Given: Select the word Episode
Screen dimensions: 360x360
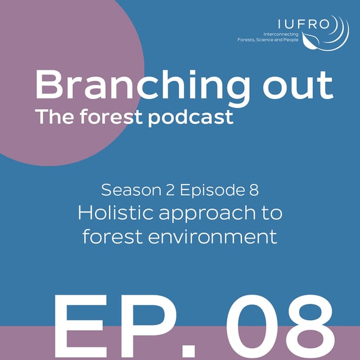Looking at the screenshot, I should (x=214, y=190).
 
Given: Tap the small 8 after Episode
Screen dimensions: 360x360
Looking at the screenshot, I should (x=254, y=190).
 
